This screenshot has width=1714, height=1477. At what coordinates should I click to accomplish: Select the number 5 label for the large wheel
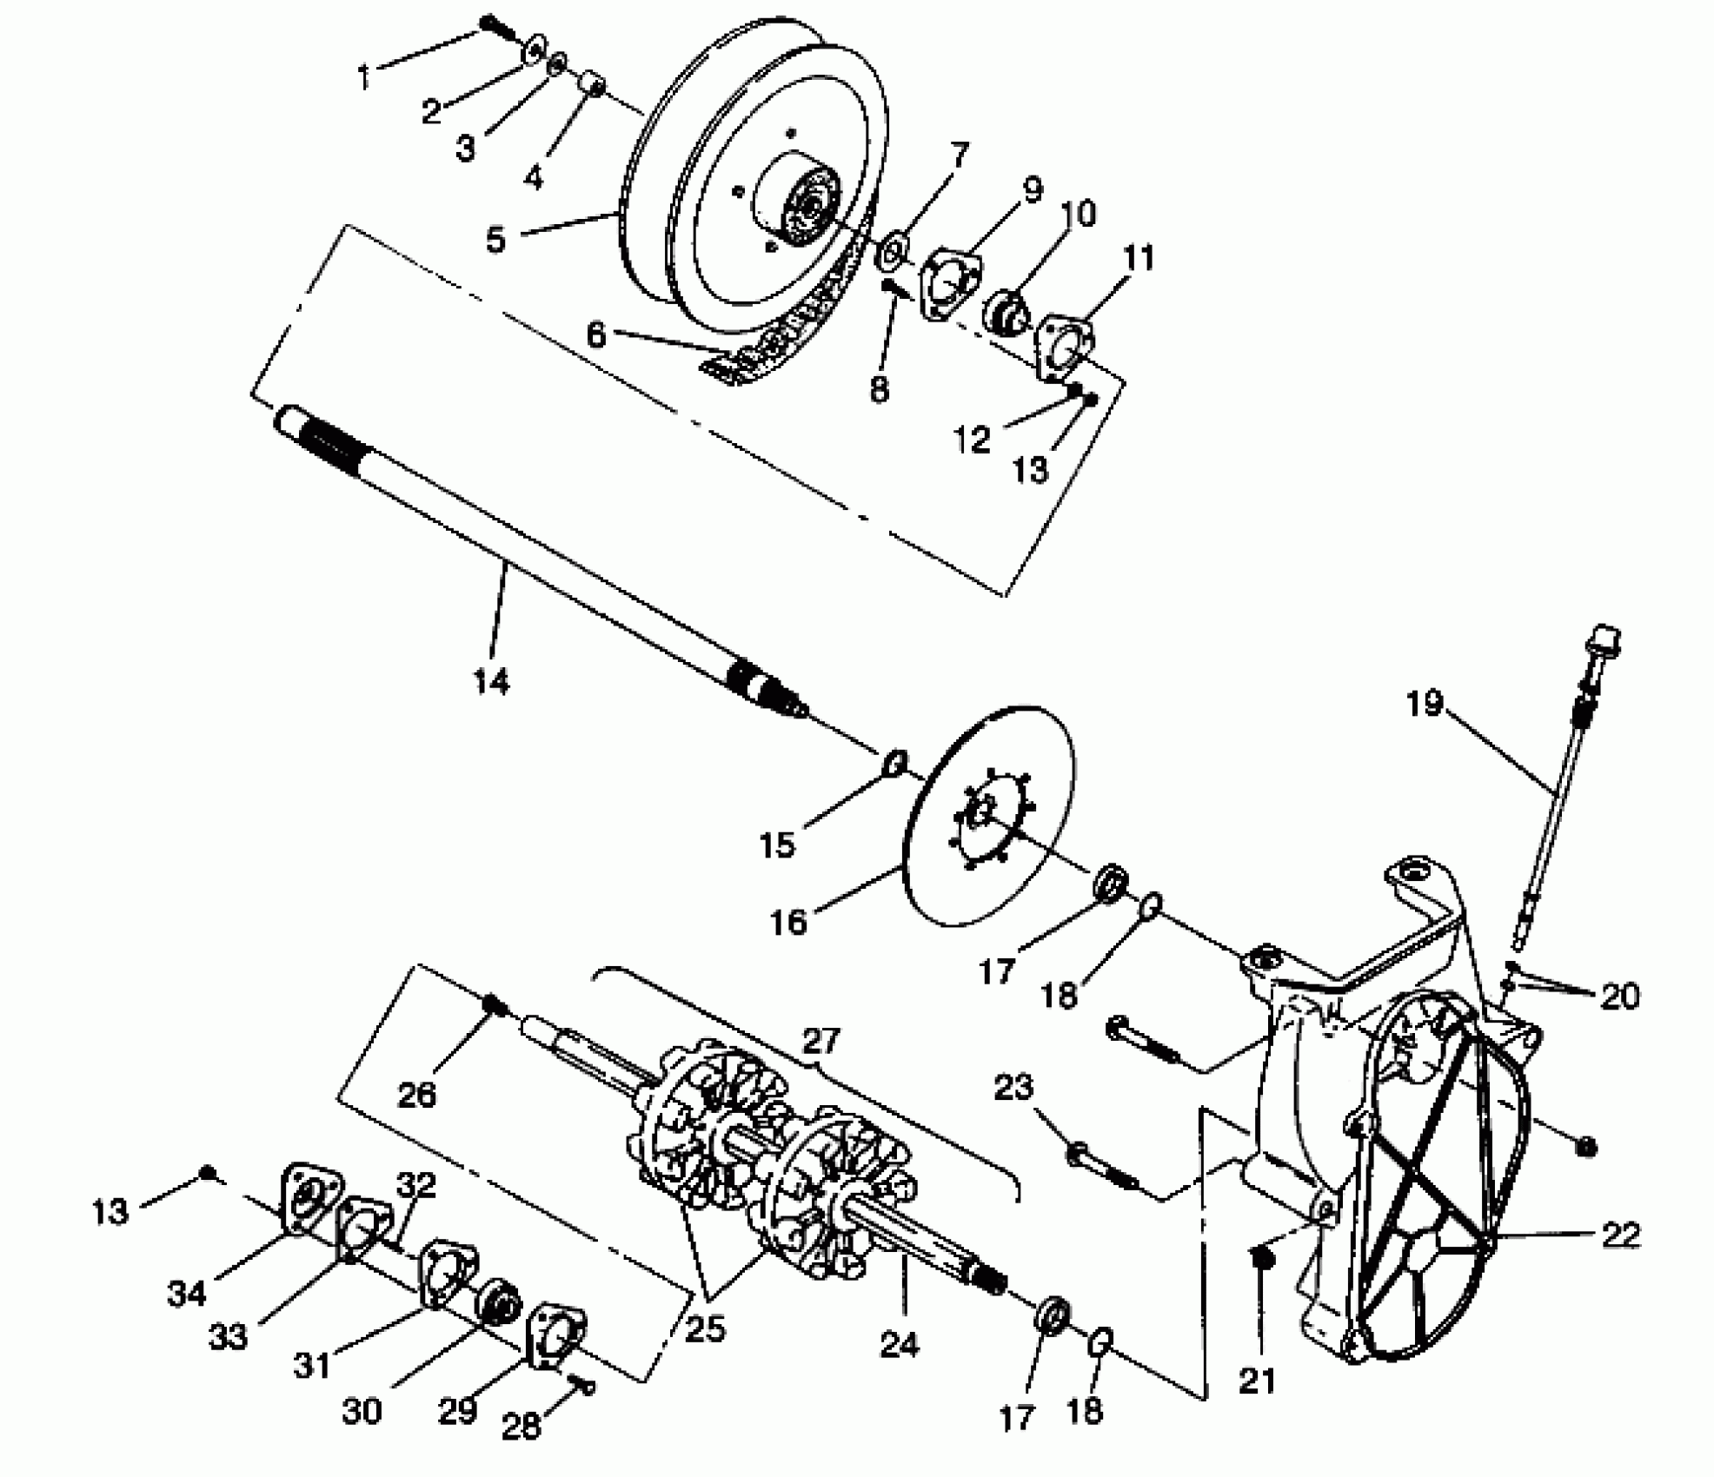[x=495, y=240]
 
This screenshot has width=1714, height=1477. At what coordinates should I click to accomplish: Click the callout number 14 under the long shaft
[x=491, y=682]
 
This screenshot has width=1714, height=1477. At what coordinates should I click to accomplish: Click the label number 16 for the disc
[x=788, y=922]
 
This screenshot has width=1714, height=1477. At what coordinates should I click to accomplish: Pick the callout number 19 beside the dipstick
[x=1425, y=703]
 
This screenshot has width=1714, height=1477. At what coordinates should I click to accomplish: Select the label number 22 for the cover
[x=1619, y=1235]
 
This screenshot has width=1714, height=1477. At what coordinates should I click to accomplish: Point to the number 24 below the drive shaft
[x=899, y=1345]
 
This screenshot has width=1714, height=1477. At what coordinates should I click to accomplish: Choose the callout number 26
[x=416, y=1095]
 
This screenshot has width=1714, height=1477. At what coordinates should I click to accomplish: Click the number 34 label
[x=187, y=1294]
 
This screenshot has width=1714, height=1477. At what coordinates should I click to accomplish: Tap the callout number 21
[x=1257, y=1380]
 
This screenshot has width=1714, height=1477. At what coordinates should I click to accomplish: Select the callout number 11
[x=1138, y=258]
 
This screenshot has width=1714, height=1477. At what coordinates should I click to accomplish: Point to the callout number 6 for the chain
[x=595, y=334]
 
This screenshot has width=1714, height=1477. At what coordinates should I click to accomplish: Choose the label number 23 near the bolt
[x=1013, y=1087]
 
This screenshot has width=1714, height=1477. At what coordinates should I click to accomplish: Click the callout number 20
[x=1619, y=997]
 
